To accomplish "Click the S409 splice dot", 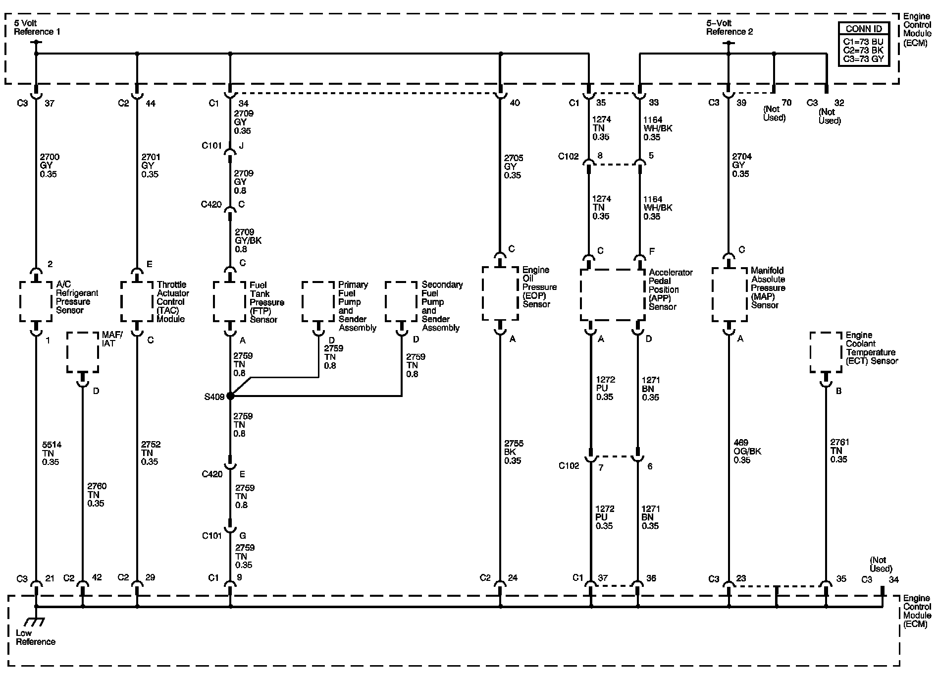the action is tap(230, 396).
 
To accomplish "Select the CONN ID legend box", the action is tap(864, 44).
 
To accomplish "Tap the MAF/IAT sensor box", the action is tap(83, 352).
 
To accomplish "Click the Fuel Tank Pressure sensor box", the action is tap(230, 302).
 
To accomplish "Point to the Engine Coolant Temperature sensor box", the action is tap(826, 352).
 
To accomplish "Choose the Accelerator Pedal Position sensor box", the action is tap(613, 295).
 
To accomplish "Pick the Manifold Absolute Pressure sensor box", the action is tap(729, 295).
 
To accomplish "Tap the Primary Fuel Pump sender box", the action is tap(318, 302).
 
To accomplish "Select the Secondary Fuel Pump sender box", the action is tap(402, 302).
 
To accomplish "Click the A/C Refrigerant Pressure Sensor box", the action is tap(36, 302).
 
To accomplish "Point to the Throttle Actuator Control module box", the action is tap(137, 302).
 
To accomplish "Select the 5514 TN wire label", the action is tap(51, 453).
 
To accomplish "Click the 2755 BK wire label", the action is tap(514, 452).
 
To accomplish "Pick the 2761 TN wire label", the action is tap(839, 451).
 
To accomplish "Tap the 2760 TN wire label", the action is tap(97, 495).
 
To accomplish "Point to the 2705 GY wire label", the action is tap(514, 167).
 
